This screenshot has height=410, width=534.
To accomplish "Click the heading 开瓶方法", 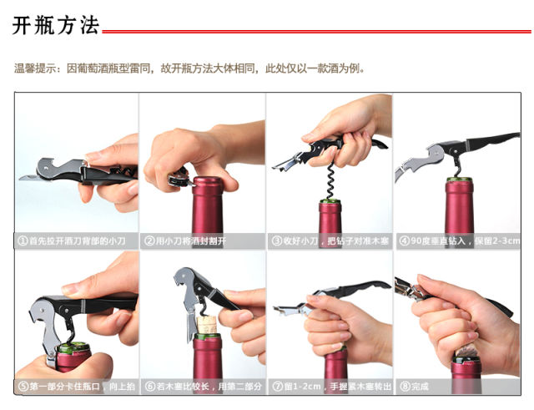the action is [x=56, y=26].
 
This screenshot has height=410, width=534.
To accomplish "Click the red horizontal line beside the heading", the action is [x=316, y=32].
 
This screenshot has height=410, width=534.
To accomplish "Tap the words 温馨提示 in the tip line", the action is [x=35, y=68].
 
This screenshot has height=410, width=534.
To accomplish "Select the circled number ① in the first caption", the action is [x=23, y=241].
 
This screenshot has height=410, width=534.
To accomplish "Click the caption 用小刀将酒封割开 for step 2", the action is [x=191, y=241].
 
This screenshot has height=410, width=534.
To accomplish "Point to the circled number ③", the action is [x=276, y=241].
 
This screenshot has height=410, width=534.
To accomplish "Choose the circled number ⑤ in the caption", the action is [x=23, y=387].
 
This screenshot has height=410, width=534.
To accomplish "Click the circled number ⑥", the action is [x=150, y=387].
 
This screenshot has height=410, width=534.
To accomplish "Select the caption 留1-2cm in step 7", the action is [x=302, y=387].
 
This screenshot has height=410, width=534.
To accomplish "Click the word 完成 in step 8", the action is [x=420, y=387].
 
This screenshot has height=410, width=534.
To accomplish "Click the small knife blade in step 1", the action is [x=30, y=177].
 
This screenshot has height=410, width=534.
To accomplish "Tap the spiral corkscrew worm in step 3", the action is [x=330, y=180].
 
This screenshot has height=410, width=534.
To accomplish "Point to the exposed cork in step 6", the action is [x=207, y=325].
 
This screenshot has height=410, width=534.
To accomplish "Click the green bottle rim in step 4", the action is [x=460, y=179].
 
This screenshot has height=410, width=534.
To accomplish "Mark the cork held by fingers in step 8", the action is [x=466, y=351].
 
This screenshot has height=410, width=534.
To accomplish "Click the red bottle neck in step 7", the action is [x=335, y=365].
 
